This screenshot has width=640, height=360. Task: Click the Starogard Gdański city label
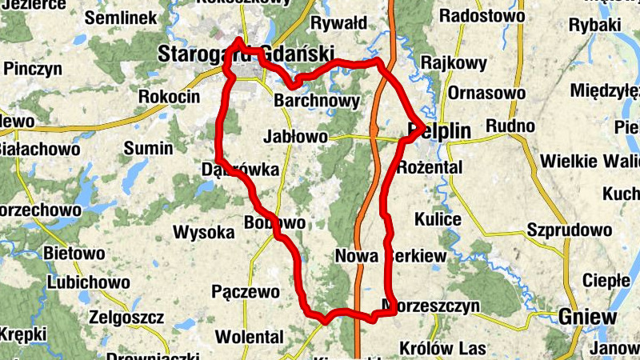tap(245, 54)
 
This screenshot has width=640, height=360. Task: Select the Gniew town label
tap(588, 317)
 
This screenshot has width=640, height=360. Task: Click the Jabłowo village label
tap(295, 137)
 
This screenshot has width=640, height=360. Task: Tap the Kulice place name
tap(438, 219)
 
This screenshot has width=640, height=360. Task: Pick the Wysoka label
tap(204, 233)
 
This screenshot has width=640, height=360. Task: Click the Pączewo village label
tap(245, 290)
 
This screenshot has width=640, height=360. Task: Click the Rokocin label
tap(169, 96)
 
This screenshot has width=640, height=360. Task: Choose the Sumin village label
tap(148, 148)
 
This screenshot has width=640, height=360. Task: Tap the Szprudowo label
tap(569, 230)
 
